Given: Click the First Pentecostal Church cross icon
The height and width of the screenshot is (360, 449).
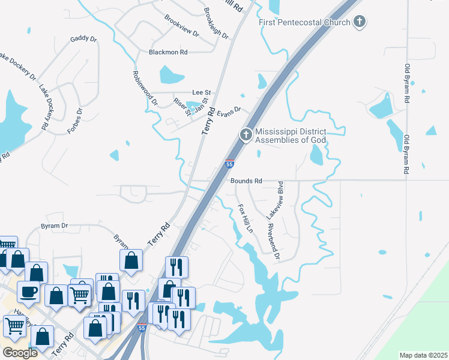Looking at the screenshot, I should click(359, 22).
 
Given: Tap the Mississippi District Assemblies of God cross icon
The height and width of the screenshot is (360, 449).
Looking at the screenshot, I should click(246, 136).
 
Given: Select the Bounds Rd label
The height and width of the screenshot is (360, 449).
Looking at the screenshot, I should click(246, 181).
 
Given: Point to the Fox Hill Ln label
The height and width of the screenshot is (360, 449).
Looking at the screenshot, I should click(245, 219).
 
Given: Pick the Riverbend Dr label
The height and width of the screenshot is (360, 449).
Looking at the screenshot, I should click(274, 242).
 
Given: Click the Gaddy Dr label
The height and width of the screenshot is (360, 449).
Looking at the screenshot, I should click(83, 39).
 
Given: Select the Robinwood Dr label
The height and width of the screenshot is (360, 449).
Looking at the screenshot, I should click(145, 88).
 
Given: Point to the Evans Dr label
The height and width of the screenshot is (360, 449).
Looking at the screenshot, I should click(228, 111).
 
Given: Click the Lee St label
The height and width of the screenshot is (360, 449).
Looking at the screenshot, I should click(201, 92).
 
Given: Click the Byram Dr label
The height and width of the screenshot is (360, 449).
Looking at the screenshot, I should click(54, 226).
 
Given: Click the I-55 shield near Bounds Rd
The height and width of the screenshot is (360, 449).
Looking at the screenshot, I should click(229, 163).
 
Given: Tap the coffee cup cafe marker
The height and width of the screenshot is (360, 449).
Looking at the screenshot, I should click(28, 293).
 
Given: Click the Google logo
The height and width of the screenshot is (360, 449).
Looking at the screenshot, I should click(19, 353).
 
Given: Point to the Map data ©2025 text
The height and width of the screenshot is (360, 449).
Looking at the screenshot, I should click(423, 355).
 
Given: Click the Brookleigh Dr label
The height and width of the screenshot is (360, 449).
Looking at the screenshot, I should click(216, 24).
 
